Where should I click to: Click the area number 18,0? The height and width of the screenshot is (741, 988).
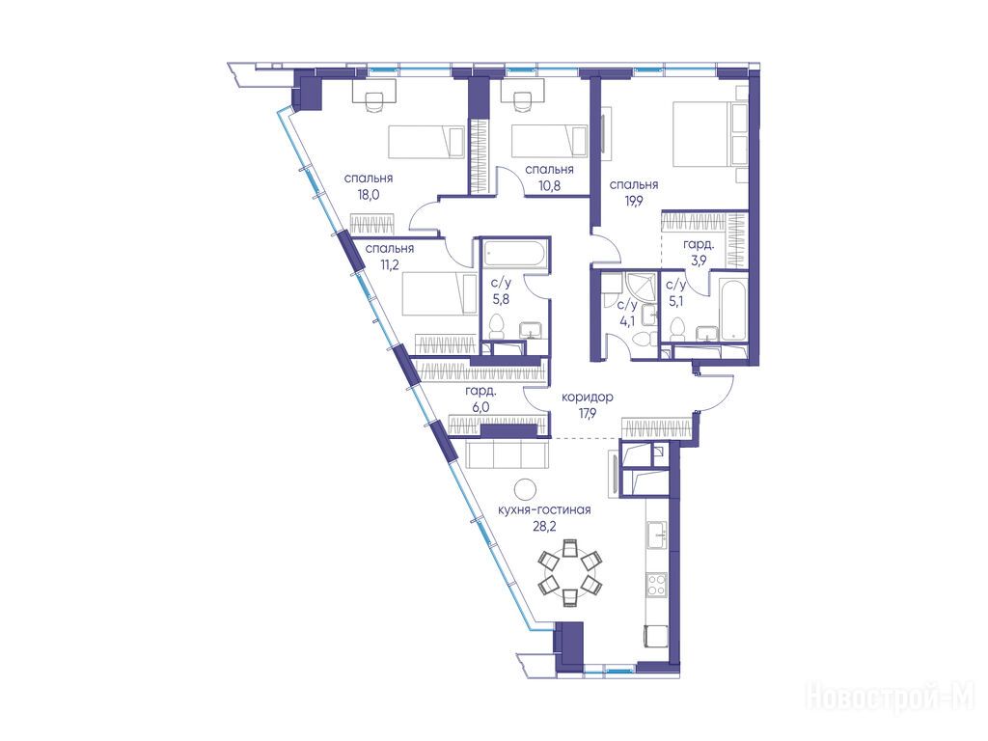pos(368,194)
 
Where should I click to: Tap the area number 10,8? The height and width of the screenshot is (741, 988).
pos(549,185)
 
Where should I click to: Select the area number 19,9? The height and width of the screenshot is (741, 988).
pos(633,201)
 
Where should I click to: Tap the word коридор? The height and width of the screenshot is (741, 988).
pos(588,398)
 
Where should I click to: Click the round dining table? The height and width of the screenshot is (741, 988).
pos(569,572)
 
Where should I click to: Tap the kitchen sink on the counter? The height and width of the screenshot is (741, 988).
pos(657,535)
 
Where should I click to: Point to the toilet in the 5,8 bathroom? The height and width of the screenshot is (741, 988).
pos(497,327)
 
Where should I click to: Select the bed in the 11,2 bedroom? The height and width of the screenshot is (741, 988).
pos(440,293)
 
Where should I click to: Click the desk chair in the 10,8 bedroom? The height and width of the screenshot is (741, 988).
pos(522,103)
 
